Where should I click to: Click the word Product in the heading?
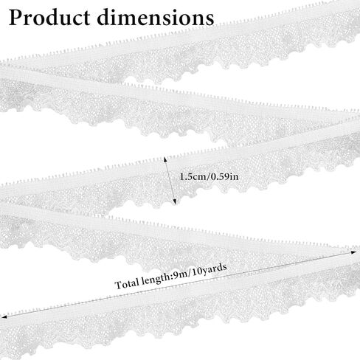(49, 18)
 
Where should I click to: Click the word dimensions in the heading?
(156, 17)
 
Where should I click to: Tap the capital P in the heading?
(15, 18)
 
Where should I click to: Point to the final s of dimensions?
(209, 20)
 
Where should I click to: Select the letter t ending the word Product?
(86, 18)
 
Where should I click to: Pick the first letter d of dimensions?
(104, 17)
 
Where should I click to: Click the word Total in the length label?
(127, 284)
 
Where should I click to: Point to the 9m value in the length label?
(180, 274)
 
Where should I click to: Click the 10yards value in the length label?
(209, 269)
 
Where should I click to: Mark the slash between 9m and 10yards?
(189, 273)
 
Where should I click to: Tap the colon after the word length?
(172, 277)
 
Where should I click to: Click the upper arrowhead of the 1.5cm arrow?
(165, 159)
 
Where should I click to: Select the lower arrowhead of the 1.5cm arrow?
(175, 201)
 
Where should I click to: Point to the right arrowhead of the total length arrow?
(353, 252)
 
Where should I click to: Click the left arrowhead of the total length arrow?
(4, 317)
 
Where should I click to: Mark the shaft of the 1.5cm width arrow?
(170, 181)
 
